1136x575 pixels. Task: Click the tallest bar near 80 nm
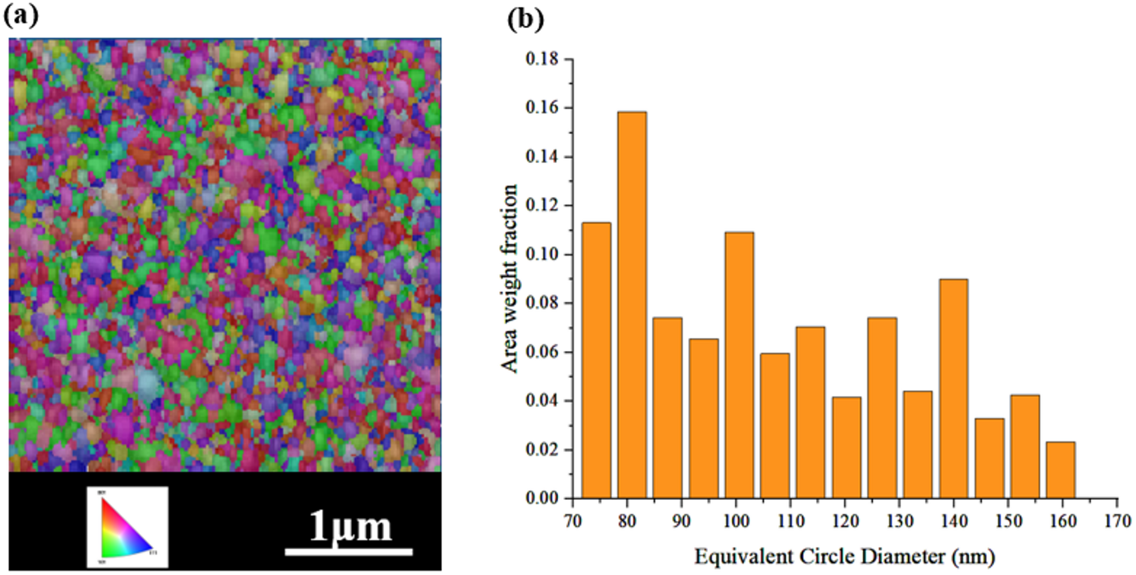632,305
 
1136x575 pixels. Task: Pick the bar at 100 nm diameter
739,365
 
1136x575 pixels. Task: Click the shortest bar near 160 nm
1061,470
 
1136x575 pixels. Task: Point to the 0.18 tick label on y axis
541,59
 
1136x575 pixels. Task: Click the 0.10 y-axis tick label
541,254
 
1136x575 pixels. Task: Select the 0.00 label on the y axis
541,498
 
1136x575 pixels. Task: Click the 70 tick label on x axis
573,521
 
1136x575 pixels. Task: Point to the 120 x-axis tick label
845,521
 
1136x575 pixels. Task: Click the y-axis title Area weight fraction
510,278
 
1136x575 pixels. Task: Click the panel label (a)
21,15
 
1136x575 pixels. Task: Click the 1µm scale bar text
350,526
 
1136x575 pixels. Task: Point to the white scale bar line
348,551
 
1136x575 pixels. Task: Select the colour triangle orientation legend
127,527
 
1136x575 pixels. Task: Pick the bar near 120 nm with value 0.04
846,447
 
